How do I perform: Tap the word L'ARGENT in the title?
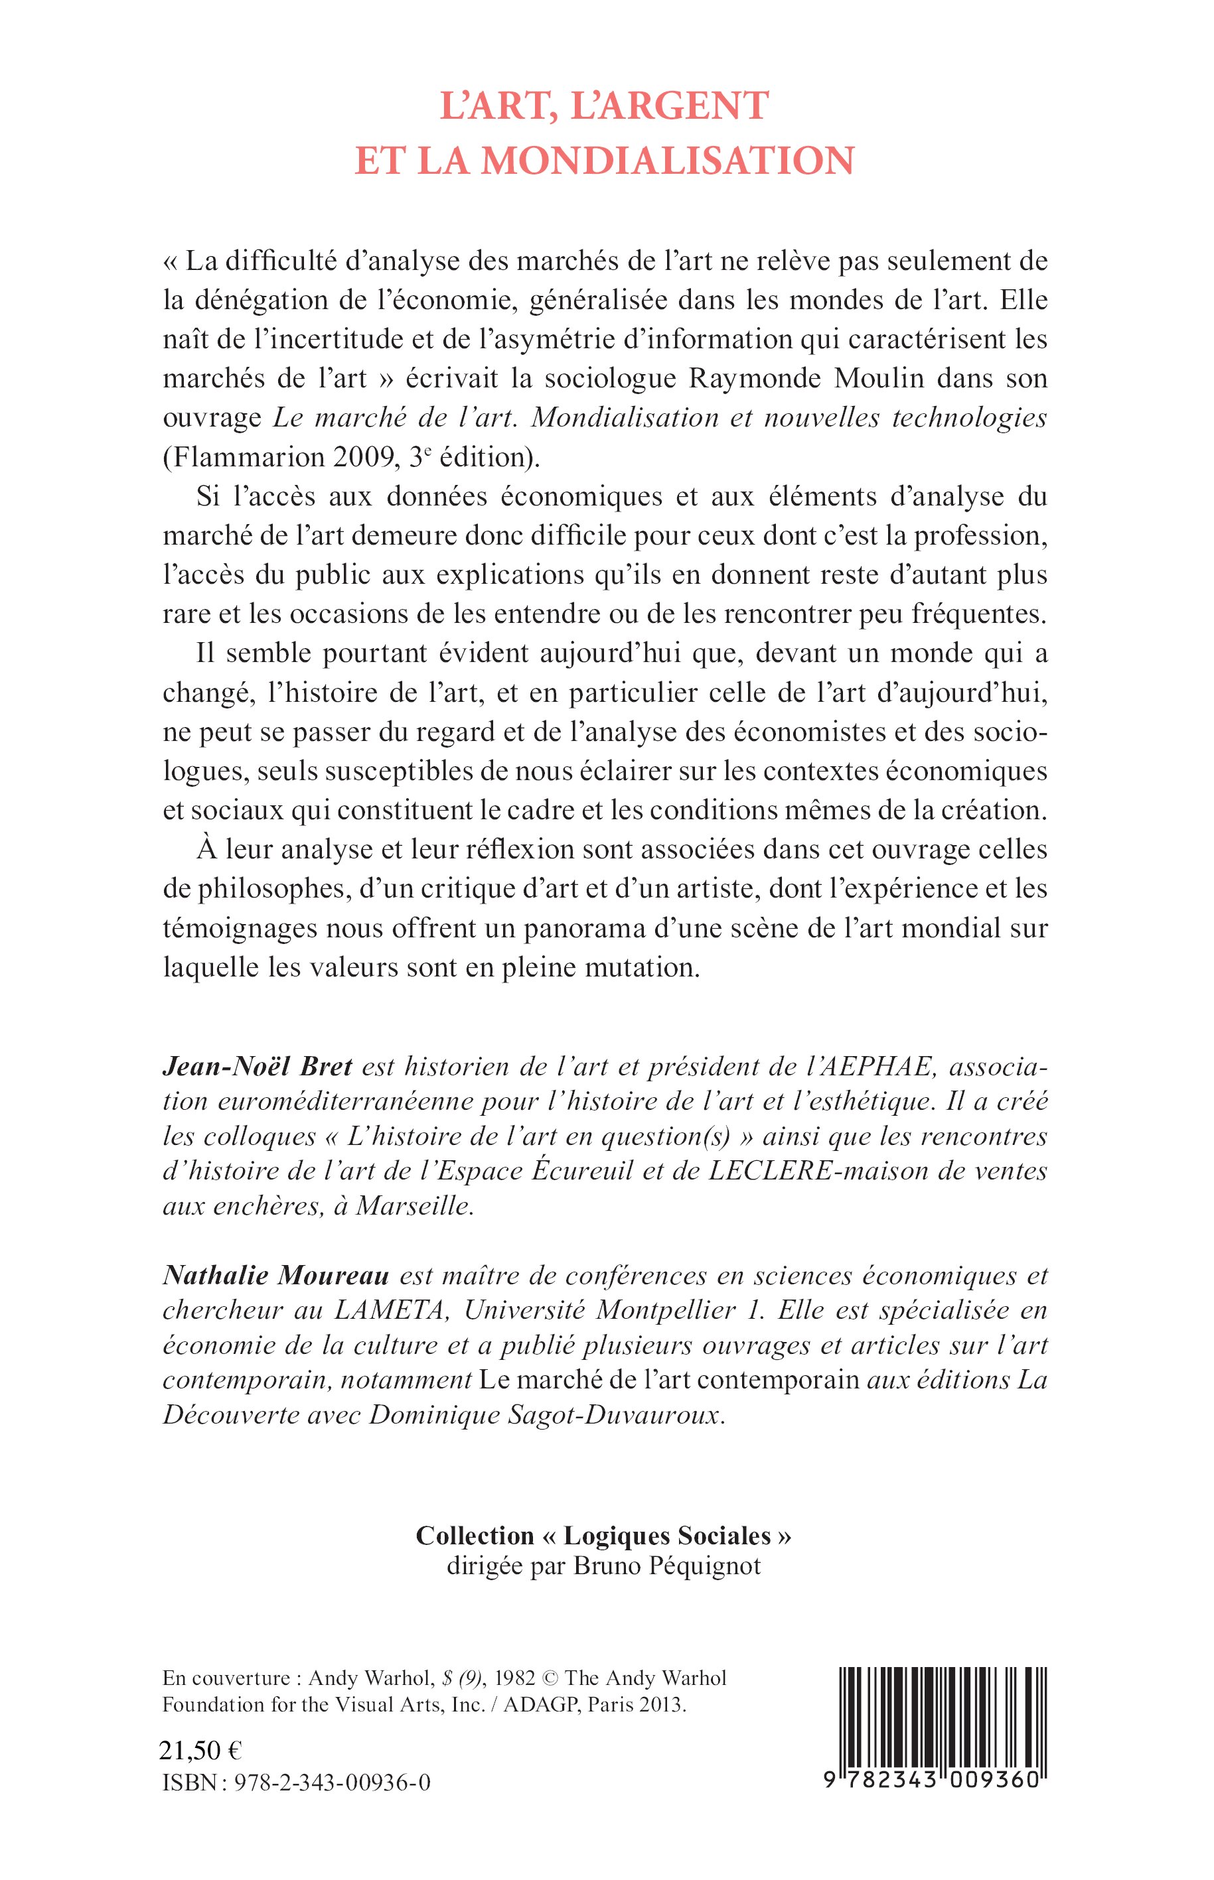point(668,106)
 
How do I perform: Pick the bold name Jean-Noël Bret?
point(257,1067)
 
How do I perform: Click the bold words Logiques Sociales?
point(667,1536)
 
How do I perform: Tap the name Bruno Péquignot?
point(667,1566)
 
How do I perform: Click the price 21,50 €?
point(201,1750)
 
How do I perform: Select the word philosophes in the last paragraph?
point(265,889)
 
